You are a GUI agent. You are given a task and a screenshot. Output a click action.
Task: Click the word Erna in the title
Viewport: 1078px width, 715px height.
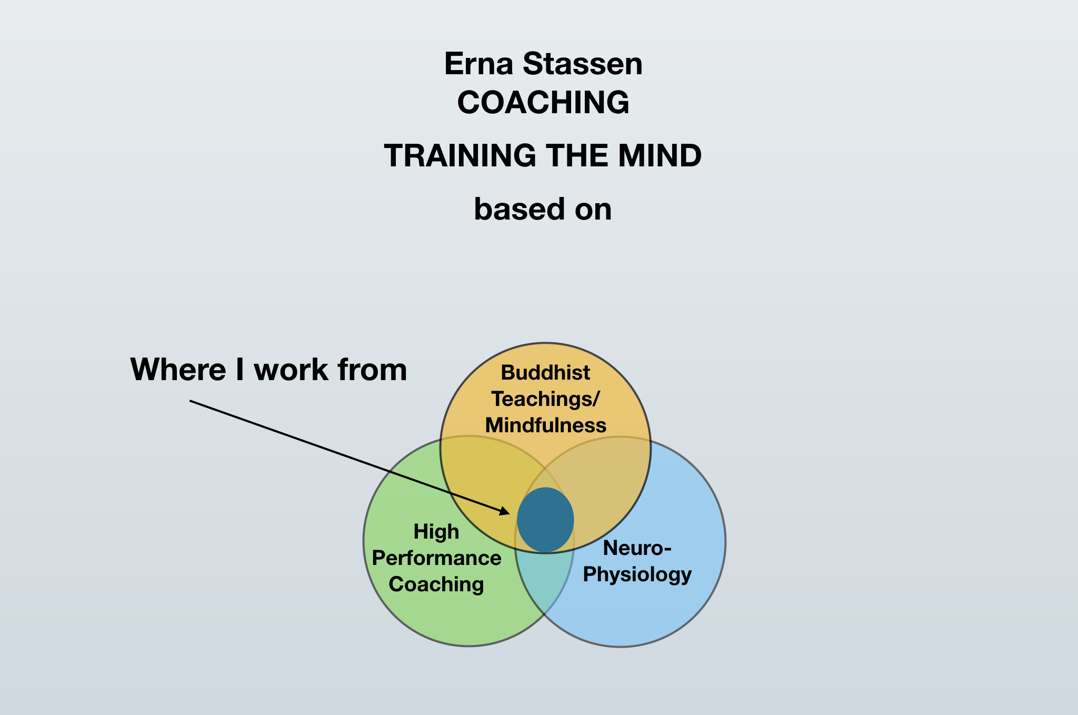click(x=478, y=64)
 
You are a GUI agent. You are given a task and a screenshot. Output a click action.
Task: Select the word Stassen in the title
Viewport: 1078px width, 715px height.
click(x=583, y=64)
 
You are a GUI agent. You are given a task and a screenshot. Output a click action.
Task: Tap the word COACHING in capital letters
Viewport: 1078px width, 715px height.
click(x=543, y=102)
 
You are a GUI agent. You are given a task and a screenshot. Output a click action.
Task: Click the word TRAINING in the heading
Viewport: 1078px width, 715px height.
click(x=460, y=156)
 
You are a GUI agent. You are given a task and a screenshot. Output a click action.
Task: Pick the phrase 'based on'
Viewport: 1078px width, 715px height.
click(x=543, y=209)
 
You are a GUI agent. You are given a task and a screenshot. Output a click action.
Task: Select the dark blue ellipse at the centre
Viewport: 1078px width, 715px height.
click(x=545, y=520)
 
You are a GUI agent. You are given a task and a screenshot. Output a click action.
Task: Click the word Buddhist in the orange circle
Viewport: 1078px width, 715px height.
click(x=545, y=373)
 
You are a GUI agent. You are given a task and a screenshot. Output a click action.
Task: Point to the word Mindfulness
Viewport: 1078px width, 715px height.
click(x=545, y=425)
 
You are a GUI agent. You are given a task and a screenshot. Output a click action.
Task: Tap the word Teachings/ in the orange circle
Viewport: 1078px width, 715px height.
click(x=545, y=399)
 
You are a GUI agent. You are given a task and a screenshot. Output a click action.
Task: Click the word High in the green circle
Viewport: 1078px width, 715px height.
click(x=436, y=532)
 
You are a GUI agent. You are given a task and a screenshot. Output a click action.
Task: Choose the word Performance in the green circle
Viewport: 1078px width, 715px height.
click(x=436, y=558)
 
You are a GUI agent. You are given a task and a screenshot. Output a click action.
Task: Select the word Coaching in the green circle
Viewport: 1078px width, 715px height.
click(x=436, y=584)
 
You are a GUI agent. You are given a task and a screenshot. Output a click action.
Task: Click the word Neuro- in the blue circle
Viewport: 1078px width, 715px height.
click(x=637, y=548)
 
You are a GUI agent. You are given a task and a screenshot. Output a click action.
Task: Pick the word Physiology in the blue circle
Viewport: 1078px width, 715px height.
click(x=637, y=574)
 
